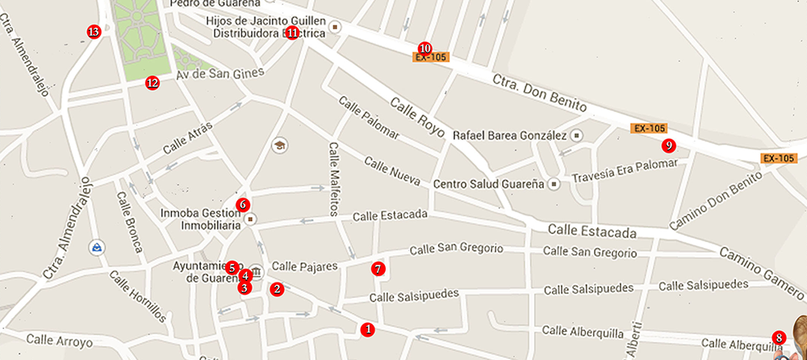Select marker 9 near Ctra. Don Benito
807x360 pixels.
coord(668,145)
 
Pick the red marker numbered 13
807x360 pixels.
coord(94,32)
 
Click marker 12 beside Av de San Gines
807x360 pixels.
coord(153,82)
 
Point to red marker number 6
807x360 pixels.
coord(243,204)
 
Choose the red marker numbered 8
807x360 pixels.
coord(779,337)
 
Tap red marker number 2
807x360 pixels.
coord(277,288)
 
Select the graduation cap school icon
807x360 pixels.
coord(280,145)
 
